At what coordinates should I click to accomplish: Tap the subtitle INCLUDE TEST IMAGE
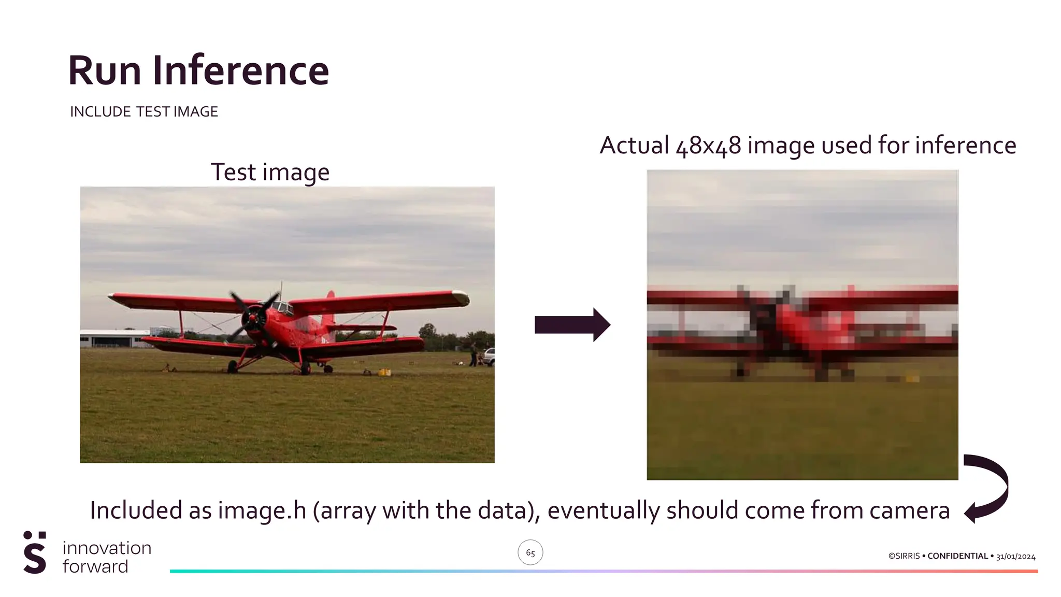[x=144, y=112]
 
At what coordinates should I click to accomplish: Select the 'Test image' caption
[x=270, y=173]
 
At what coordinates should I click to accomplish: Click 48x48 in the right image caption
[x=708, y=146]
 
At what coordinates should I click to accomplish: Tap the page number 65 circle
[x=530, y=552]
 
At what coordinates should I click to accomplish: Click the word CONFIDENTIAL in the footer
[x=957, y=556]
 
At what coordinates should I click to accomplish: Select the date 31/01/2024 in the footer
[x=1015, y=557]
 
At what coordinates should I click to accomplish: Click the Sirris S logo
[x=35, y=552]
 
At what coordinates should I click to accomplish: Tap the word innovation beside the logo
[x=107, y=548]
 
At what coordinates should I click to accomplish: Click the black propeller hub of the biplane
[x=254, y=317]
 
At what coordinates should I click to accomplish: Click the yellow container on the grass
[x=384, y=372]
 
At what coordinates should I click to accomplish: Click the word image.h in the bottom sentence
[x=262, y=510]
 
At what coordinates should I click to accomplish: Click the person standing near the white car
[x=473, y=354]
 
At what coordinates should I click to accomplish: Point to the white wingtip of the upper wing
[x=461, y=298]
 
